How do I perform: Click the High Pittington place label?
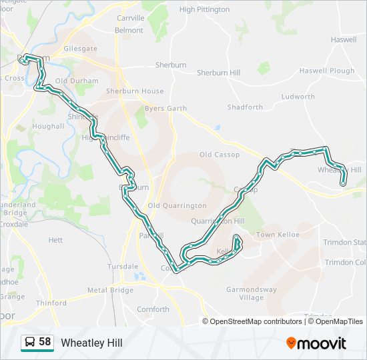204,10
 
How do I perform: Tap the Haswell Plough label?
327,71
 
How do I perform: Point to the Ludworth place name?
298,97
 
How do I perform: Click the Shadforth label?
245,107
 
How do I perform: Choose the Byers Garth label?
165,108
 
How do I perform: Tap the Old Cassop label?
219,155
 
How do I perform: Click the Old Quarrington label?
177,206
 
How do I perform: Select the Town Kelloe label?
278,235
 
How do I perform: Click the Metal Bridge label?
110,291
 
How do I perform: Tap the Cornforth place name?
153,309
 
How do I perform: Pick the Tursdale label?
122,265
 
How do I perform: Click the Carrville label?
130,18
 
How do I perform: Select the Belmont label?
129,31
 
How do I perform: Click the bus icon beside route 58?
30,343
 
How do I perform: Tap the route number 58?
45,342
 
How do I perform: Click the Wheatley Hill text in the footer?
91,343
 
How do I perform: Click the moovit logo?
316,343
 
